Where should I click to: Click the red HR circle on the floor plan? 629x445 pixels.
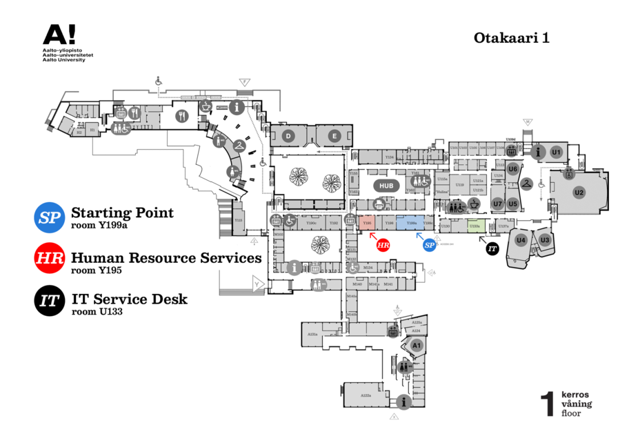[383, 244]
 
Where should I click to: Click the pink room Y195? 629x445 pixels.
[368, 224]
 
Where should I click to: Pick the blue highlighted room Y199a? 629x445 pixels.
[412, 224]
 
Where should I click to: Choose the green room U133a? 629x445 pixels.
[475, 226]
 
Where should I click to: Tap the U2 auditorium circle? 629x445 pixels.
[579, 192]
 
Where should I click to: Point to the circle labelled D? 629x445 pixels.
[288, 136]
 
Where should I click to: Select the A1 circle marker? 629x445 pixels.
[417, 344]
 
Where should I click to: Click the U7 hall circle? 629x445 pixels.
[497, 204]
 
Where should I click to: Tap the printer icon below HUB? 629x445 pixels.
[379, 204]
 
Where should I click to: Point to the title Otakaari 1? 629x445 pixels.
[511, 39]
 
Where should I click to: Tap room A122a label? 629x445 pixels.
[365, 395]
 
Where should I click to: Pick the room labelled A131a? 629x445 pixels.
[312, 334]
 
